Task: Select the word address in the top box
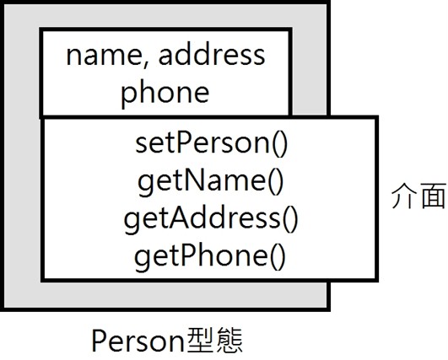212,54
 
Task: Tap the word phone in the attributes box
165,93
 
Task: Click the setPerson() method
212,143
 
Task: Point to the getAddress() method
211,218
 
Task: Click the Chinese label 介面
418,196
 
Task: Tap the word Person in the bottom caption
138,341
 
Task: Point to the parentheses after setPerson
279,143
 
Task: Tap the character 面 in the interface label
433,196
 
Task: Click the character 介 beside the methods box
403,196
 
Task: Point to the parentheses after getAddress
289,218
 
